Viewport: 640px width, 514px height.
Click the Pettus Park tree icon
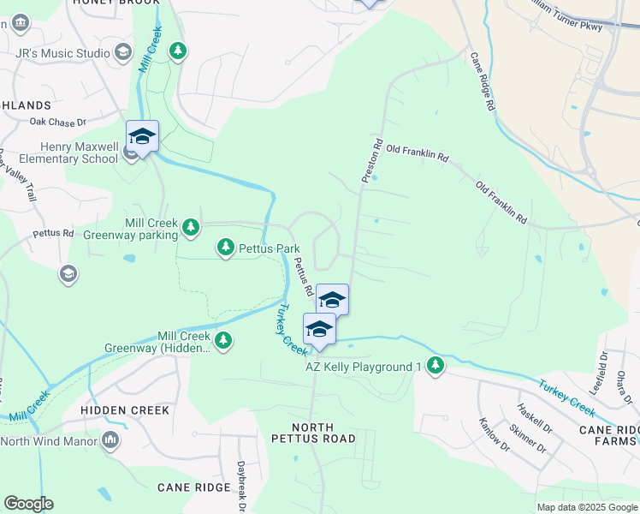pos(226,248)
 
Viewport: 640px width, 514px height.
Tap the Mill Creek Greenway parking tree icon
pos(192,227)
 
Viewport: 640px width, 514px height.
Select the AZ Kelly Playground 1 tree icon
pos(436,366)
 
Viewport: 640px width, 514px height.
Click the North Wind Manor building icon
pos(110,440)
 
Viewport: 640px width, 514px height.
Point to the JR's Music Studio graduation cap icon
pos(124,53)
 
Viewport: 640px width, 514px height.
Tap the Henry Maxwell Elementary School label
pos(60,152)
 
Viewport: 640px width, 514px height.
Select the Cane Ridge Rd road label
pos(483,82)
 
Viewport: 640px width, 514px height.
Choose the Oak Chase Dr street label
pos(59,123)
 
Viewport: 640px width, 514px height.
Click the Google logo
pos(28,504)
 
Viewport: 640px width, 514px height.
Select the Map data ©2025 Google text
pos(586,507)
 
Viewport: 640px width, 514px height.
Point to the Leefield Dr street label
pos(603,366)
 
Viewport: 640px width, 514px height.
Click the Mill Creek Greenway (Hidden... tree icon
pos(223,341)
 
